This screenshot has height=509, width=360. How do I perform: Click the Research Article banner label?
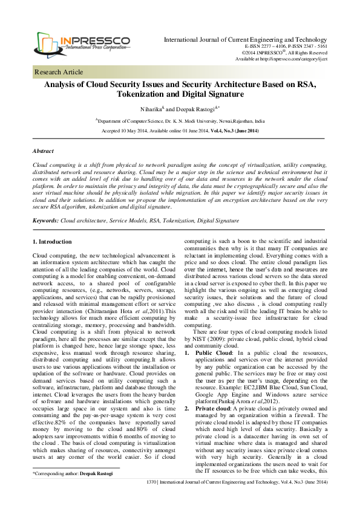point(59,72)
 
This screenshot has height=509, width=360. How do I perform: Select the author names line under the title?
point(179,110)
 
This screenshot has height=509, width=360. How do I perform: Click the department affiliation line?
point(179,121)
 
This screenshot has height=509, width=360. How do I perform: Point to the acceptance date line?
point(179,131)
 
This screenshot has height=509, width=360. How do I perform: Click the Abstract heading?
point(43,150)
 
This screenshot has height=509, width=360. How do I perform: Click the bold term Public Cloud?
point(212,351)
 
